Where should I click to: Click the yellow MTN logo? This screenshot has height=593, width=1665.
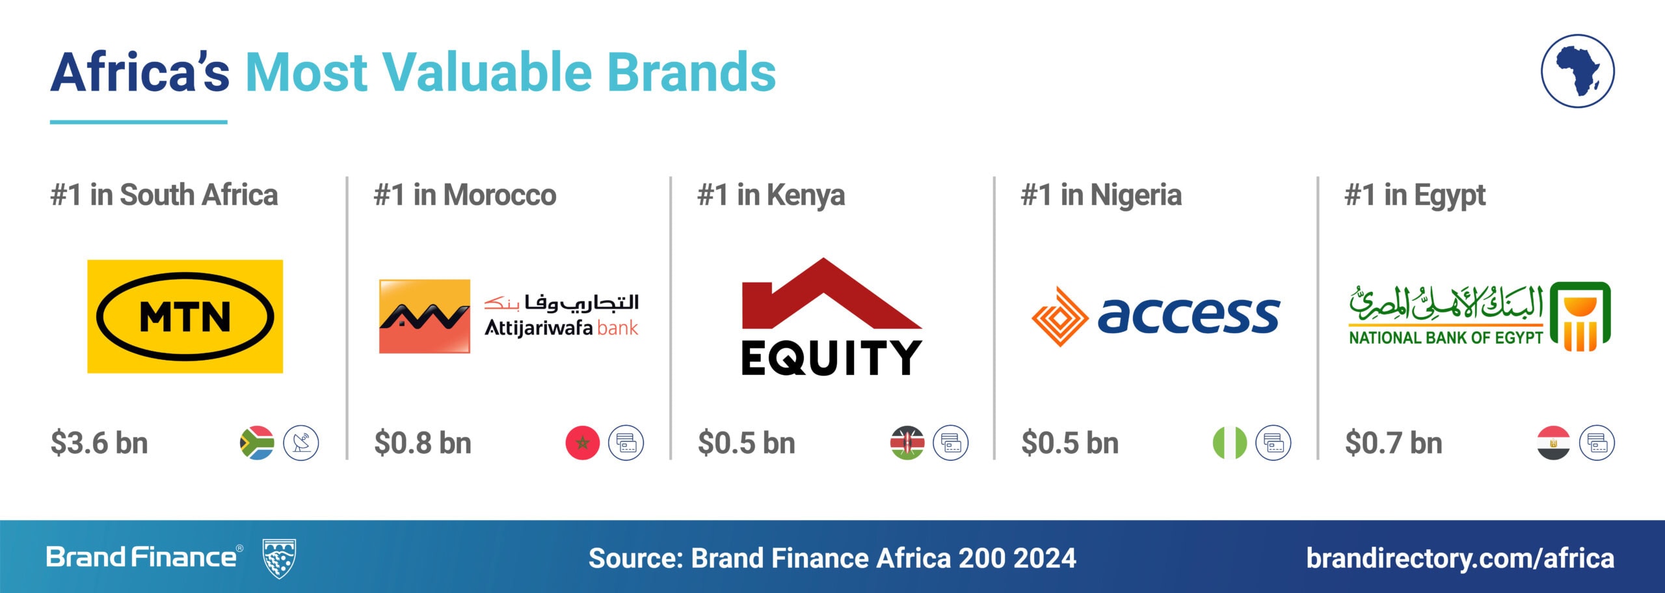pyautogui.click(x=185, y=316)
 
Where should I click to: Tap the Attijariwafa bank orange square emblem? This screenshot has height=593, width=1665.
pyautogui.click(x=425, y=316)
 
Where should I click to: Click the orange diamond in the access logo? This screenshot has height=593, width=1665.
pyautogui.click(x=1059, y=317)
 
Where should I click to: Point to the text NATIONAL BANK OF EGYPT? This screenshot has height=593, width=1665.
pyautogui.click(x=1446, y=338)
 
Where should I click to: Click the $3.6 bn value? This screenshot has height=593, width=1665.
pyautogui.click(x=100, y=443)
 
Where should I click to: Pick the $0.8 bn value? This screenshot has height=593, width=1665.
pyautogui.click(x=423, y=443)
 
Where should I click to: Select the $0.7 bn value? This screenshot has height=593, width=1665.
pyautogui.click(x=1394, y=443)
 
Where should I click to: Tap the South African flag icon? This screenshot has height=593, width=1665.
pyautogui.click(x=257, y=443)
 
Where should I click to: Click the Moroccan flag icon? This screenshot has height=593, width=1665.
pyautogui.click(x=583, y=443)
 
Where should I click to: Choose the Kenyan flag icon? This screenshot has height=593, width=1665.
pyautogui.click(x=907, y=443)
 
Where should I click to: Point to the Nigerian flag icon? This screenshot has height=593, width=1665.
pyautogui.click(x=1230, y=443)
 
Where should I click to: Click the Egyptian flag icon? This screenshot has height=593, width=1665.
pyautogui.click(x=1554, y=443)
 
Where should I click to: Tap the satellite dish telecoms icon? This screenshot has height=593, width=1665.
pyautogui.click(x=301, y=443)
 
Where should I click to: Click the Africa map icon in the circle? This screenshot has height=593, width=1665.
pyautogui.click(x=1578, y=71)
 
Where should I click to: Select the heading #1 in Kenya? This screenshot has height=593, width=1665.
pyautogui.click(x=771, y=195)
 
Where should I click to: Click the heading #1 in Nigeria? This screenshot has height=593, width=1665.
pyautogui.click(x=1101, y=195)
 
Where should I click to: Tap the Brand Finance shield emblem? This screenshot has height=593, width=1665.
pyautogui.click(x=279, y=559)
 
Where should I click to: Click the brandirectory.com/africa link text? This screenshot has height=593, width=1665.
pyautogui.click(x=1460, y=559)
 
